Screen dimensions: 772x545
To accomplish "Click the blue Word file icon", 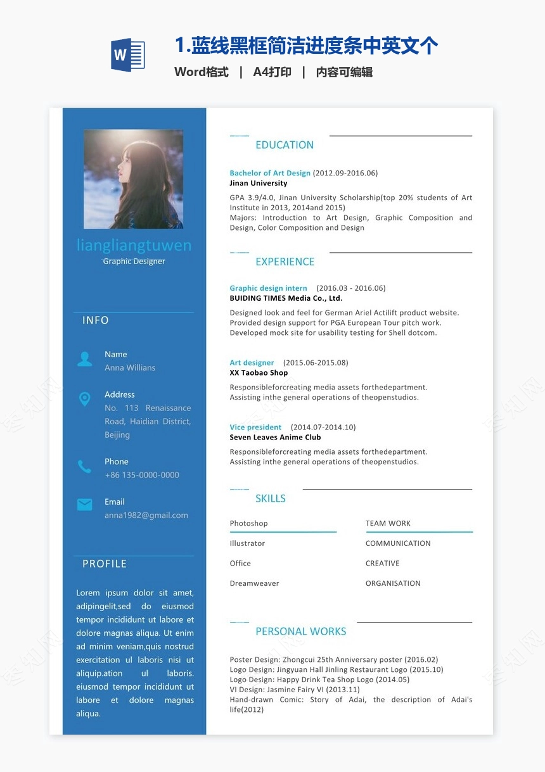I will coord(128,55).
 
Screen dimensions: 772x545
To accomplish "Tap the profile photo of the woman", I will coord(133,179).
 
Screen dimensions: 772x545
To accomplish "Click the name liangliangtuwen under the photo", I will coord(134,245).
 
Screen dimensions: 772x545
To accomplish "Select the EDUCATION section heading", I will coord(285,145).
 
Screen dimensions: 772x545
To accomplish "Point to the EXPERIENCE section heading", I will coord(285,262).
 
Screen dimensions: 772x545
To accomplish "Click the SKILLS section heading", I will coord(271,498).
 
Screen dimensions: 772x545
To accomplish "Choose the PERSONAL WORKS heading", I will coord(300,631).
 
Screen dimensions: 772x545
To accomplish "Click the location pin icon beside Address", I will coord(84,399).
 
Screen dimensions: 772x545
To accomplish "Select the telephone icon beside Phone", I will coord(84,467).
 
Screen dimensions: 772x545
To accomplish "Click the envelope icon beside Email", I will coord(84,504).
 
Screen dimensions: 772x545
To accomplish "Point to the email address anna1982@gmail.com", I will coord(146,516).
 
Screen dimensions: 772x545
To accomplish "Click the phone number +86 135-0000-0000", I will coord(142,475).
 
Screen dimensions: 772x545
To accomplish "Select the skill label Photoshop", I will coord(248,523).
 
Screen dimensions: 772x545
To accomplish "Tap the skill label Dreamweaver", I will coord(254,583).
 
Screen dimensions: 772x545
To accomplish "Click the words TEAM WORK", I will coord(388,523).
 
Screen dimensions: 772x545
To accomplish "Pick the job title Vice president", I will coord(255,427).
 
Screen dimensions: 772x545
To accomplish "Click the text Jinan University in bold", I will coord(259,183).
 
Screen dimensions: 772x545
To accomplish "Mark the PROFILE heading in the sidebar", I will coord(105,564).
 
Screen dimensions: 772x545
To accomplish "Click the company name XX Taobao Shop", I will coord(259,373).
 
